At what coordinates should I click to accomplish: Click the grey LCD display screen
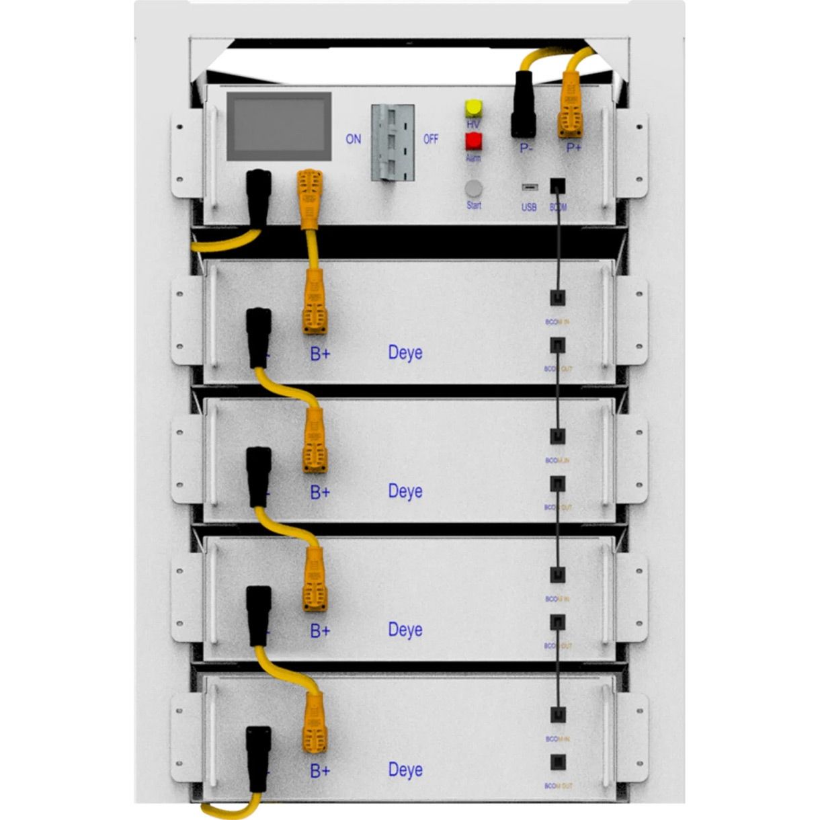pyautogui.click(x=278, y=126)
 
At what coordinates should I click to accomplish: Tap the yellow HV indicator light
pyautogui.click(x=474, y=108)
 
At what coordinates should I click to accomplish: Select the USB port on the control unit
pyautogui.click(x=529, y=187)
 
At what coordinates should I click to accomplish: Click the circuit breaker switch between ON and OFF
pyautogui.click(x=392, y=141)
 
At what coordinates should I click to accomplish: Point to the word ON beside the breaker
pyautogui.click(x=353, y=139)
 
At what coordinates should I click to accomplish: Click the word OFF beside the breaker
pyautogui.click(x=431, y=139)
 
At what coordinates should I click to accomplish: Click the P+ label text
pyautogui.click(x=573, y=147)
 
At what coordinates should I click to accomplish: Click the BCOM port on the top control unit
pyautogui.click(x=558, y=186)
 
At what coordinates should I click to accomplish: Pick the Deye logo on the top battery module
pyautogui.click(x=405, y=353)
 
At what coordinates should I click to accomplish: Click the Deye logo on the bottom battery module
pyautogui.click(x=405, y=770)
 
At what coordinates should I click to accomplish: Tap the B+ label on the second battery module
pyautogui.click(x=320, y=493)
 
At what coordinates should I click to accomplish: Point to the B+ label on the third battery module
pyautogui.click(x=320, y=631)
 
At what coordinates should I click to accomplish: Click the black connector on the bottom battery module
pyautogui.click(x=259, y=758)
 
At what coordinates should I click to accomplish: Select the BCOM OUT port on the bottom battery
pyautogui.click(x=558, y=762)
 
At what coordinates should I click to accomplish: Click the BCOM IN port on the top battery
pyautogui.click(x=558, y=298)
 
